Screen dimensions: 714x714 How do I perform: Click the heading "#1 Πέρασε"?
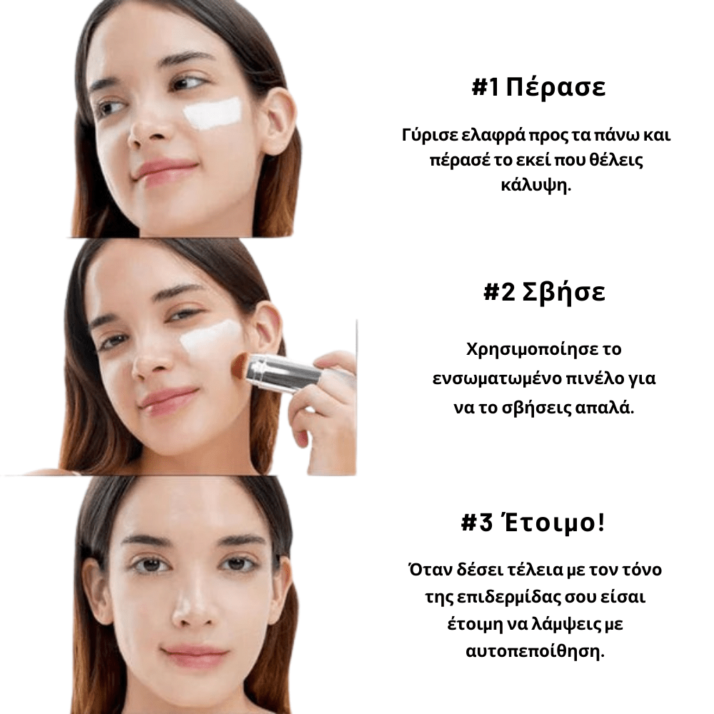pyautogui.click(x=538, y=89)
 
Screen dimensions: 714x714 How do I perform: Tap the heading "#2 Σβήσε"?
pyautogui.click(x=544, y=293)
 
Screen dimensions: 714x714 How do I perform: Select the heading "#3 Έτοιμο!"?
pyautogui.click(x=533, y=523)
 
